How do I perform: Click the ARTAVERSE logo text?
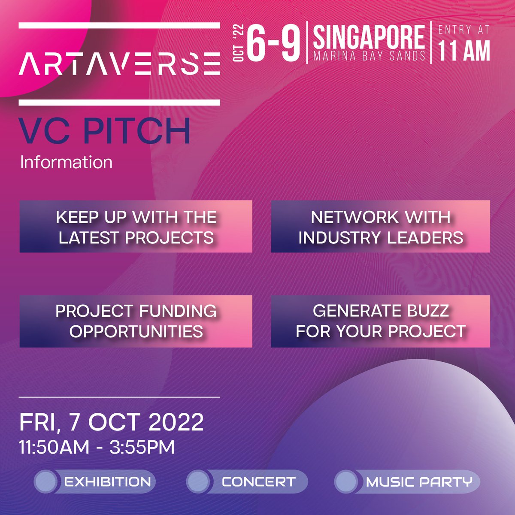(119, 64)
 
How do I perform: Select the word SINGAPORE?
(369, 37)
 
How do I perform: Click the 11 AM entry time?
(463, 51)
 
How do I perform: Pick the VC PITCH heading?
(105, 132)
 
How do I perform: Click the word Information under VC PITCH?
(66, 163)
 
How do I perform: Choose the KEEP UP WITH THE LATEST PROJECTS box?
(136, 227)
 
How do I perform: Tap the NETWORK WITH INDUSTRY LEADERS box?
(380, 227)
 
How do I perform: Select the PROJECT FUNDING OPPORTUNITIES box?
(136, 321)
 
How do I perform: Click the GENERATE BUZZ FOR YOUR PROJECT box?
(380, 321)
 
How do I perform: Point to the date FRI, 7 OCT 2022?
(112, 422)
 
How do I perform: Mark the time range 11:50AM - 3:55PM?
(97, 447)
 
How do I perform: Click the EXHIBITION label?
(107, 482)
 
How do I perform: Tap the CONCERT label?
(258, 482)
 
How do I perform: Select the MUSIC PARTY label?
(419, 482)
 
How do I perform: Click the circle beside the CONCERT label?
(197, 482)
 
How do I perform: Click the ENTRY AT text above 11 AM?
(463, 30)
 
